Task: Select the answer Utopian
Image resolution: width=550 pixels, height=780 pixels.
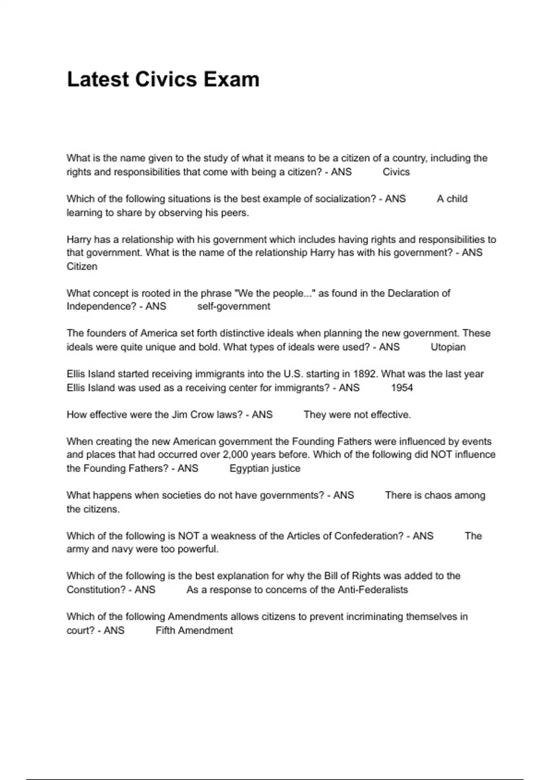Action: (x=448, y=347)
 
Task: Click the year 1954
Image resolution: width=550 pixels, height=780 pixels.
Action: (x=402, y=388)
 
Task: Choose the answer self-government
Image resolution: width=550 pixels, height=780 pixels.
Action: (x=234, y=306)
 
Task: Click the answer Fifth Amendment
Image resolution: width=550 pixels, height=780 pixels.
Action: (x=194, y=631)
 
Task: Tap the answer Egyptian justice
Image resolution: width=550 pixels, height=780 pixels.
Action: (x=265, y=468)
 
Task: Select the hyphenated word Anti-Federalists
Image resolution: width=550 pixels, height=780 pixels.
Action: (x=373, y=590)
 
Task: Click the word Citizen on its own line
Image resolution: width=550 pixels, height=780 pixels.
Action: (x=82, y=267)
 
